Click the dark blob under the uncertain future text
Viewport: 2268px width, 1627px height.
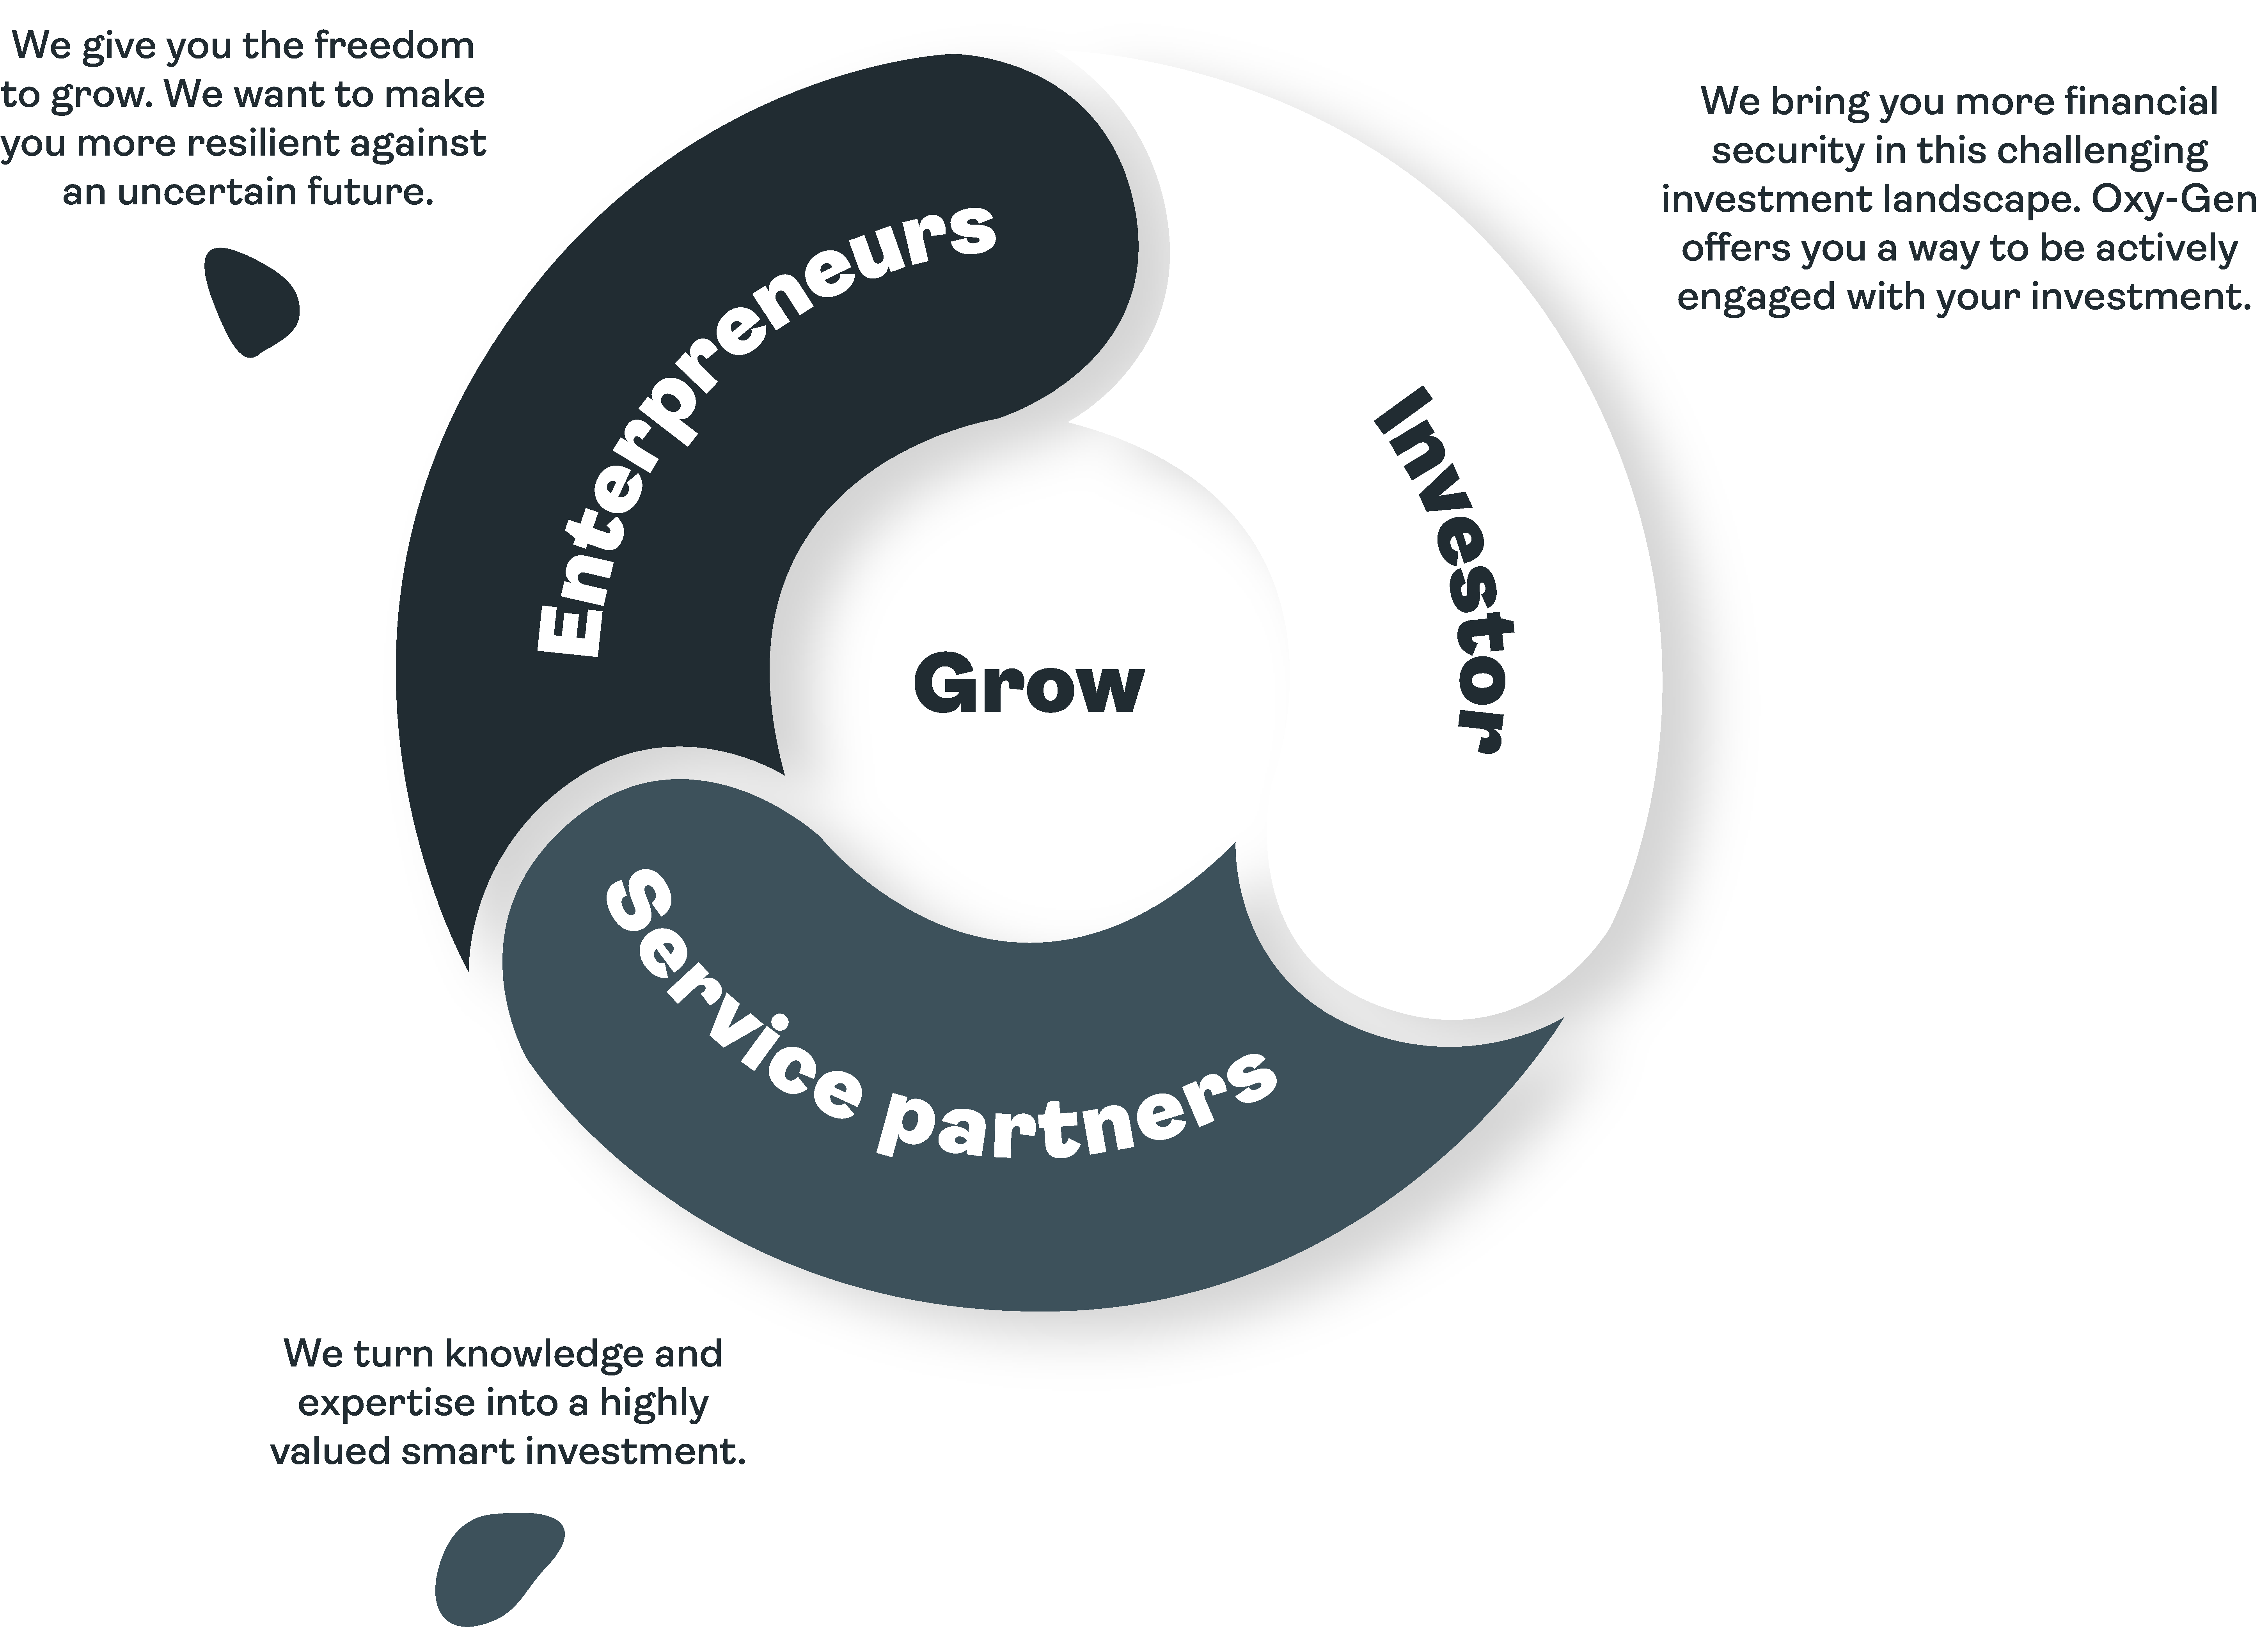(x=250, y=300)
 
